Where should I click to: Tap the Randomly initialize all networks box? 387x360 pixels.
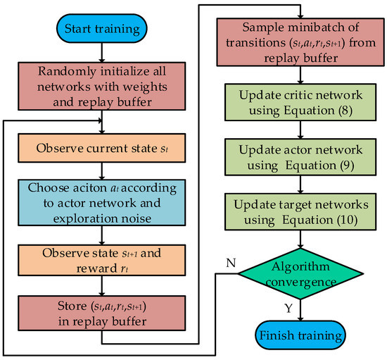[103, 85]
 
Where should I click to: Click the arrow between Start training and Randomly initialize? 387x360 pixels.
[103, 53]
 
